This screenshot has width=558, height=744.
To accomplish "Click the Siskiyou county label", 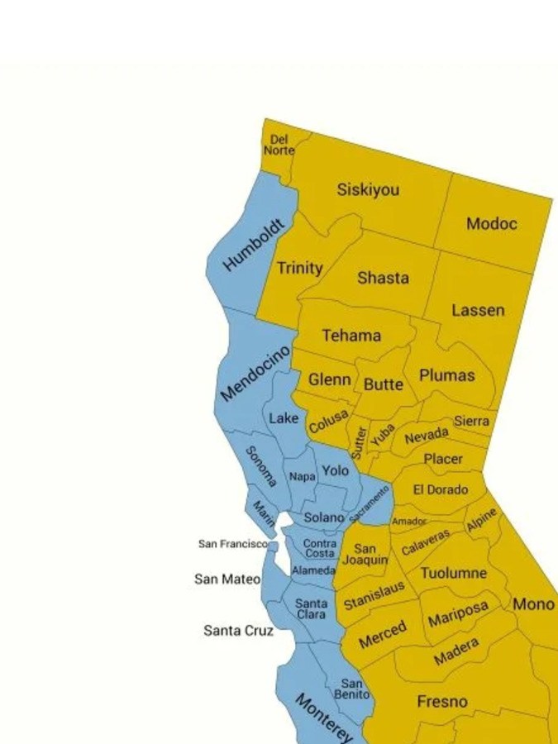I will [x=368, y=190].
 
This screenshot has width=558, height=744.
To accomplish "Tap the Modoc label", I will [x=491, y=224].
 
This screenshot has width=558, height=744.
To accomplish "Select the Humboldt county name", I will [x=254, y=246].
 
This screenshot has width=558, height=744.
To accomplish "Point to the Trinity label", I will [x=299, y=269].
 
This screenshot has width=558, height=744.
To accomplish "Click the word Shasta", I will [x=383, y=279].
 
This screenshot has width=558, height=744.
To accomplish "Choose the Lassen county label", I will [x=478, y=311].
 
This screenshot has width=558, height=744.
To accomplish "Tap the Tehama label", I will [x=351, y=336].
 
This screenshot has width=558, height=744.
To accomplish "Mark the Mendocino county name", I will [x=255, y=373].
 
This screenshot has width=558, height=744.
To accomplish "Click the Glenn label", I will [x=330, y=380].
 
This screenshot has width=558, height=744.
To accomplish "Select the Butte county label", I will [x=384, y=384].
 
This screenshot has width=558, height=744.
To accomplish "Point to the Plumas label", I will [x=446, y=375].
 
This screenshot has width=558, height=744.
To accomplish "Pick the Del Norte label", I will [x=279, y=145].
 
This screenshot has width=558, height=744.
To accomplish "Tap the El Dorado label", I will [x=441, y=489].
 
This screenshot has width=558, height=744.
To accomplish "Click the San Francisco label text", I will [x=232, y=544].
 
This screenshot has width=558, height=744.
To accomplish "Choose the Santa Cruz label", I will [x=238, y=631].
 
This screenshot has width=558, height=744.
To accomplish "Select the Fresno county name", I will [x=441, y=702].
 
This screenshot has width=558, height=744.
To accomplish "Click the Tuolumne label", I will [x=453, y=573].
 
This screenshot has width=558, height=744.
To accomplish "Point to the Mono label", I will [x=533, y=604].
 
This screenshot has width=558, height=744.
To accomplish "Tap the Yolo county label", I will [x=335, y=470].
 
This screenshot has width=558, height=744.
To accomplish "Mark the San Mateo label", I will [x=227, y=579].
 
